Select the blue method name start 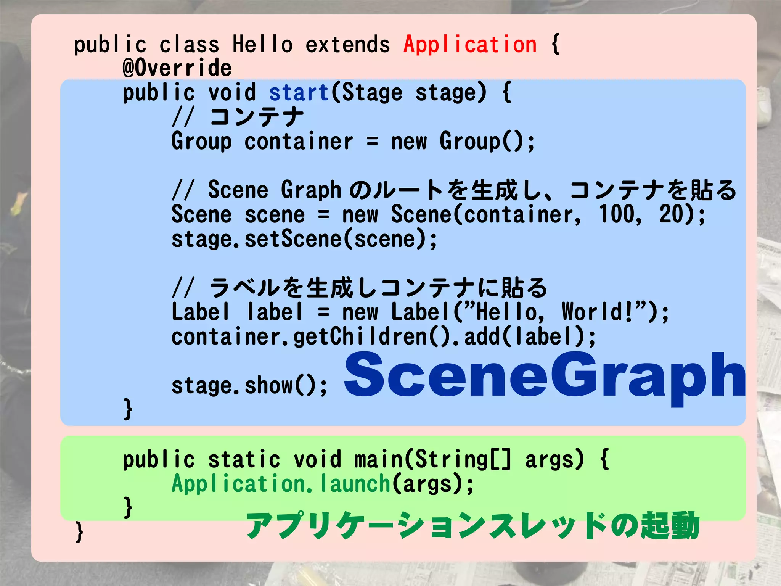[299, 93]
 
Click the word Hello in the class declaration [262, 44]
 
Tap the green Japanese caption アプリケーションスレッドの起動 [473, 526]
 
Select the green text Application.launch [281, 484]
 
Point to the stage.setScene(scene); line [304, 239]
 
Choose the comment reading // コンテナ [238, 117]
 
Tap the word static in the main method [244, 459]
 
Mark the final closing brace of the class [79, 532]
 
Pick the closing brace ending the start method [128, 409]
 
